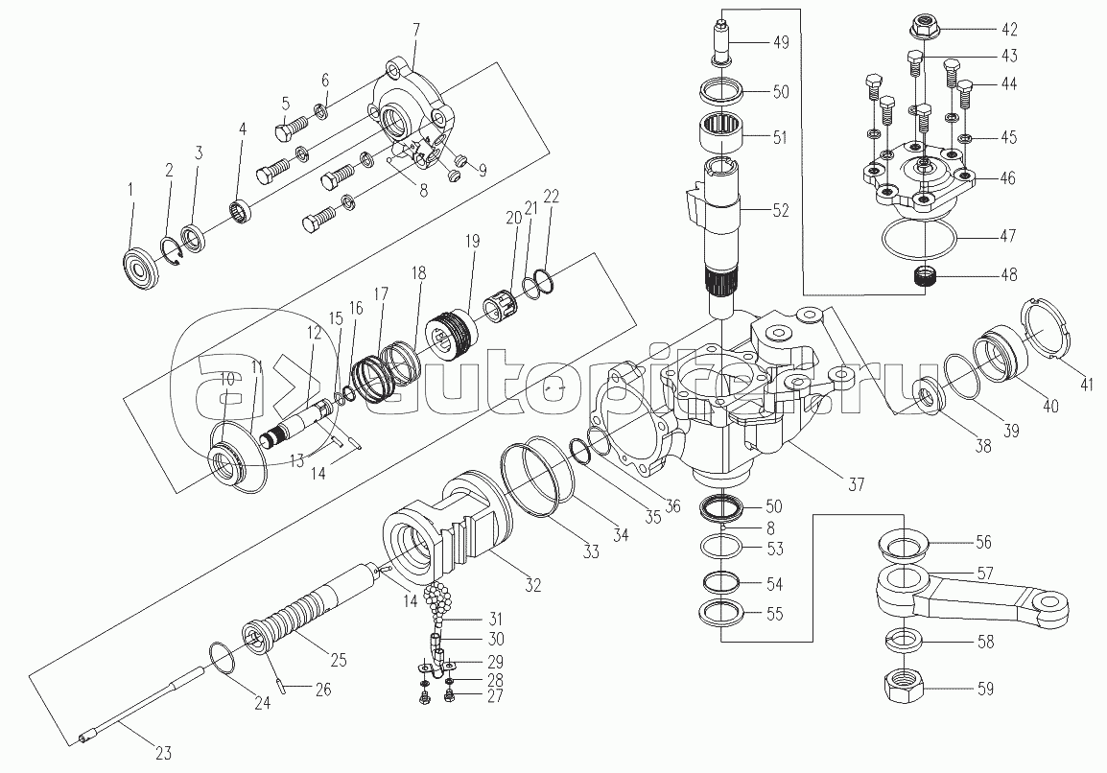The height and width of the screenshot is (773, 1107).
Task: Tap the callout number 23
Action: tap(163, 753)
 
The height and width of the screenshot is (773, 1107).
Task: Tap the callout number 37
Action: tap(856, 484)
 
